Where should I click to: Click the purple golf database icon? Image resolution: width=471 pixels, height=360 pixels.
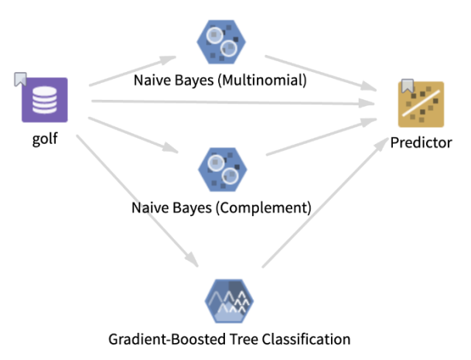tap(45, 100)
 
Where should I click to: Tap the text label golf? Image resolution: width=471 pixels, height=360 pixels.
tap(45, 140)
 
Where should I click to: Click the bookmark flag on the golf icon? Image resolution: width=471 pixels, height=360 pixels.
tap(21, 79)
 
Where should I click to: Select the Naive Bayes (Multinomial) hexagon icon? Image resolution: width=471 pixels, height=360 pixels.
tap(220, 43)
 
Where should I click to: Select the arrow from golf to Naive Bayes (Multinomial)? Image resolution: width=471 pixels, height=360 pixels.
tap(131, 70)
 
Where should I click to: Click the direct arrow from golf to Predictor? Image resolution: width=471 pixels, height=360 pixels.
tap(232, 101)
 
